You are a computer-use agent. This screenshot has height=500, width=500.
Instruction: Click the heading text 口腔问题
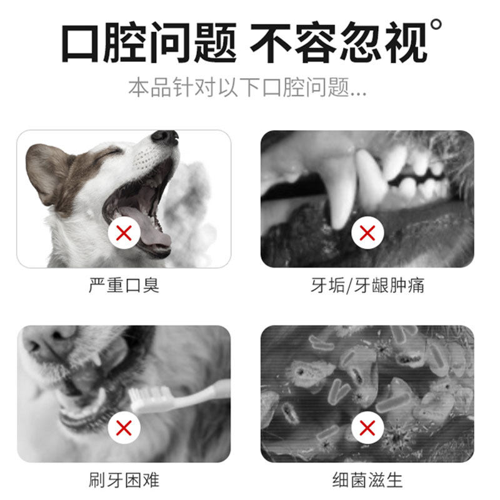pos(149,42)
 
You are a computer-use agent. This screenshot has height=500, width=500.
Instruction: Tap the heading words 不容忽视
pos(339,42)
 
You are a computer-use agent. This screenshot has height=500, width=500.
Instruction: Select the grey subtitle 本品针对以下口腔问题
pos(239,87)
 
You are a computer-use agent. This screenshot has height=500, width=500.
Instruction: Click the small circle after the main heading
pos(436,24)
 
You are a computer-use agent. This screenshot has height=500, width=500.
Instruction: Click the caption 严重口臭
pos(124,285)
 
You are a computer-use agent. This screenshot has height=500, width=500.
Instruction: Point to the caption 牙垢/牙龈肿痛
pos(367,285)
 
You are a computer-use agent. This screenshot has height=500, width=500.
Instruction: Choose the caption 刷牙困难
pos(124,480)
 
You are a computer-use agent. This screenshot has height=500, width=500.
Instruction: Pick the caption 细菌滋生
pos(367,480)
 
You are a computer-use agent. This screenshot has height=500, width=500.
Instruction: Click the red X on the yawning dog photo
pos(124,232)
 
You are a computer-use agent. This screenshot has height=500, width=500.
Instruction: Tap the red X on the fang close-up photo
pos(367,232)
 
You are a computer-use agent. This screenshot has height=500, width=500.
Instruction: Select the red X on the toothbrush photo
pos(124,427)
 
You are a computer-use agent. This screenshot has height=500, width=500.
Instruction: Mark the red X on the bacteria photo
pos(367,427)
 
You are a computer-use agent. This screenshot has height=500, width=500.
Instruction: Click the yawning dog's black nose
pos(165,137)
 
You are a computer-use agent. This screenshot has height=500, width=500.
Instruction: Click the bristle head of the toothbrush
pos(151,398)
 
